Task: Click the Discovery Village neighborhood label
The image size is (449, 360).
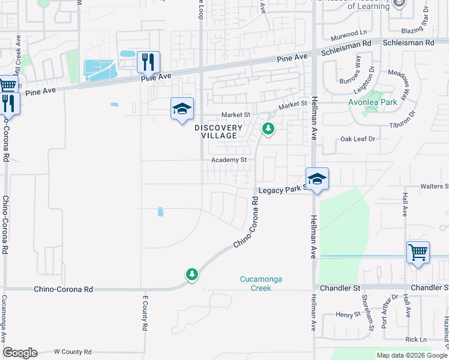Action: point(218,131)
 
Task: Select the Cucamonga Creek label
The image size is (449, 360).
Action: point(261,283)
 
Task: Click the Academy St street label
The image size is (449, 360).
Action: point(229,160)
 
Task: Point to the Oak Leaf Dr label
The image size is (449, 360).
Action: point(357,139)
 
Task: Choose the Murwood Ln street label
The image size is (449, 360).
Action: point(349,32)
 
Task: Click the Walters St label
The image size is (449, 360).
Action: point(434,187)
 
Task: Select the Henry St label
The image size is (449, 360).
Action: point(347,314)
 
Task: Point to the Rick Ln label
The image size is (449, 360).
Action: point(415,340)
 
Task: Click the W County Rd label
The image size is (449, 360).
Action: point(73,352)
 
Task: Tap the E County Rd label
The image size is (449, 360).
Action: point(145,313)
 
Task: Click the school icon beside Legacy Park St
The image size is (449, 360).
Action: point(317,179)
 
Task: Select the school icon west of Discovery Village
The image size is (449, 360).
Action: point(182,109)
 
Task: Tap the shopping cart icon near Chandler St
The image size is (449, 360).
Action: point(418,251)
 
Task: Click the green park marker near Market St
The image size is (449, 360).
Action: point(268,128)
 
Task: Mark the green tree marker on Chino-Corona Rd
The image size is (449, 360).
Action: point(191,275)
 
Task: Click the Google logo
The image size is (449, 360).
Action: point(20,353)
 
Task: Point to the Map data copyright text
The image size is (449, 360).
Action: point(411,355)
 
